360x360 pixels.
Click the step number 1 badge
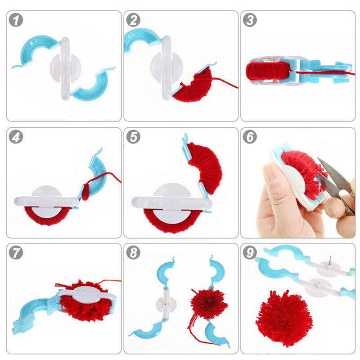16,20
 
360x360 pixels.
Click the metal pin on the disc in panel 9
330,260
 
